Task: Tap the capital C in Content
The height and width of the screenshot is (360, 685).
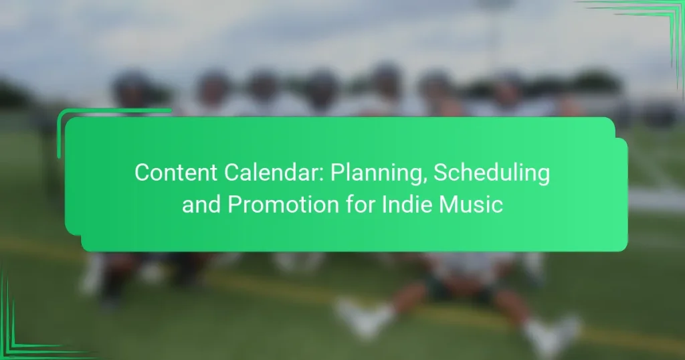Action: coord(142,173)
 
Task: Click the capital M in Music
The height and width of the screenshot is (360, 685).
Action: coord(459,204)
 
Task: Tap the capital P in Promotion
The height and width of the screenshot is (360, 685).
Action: coord(234,204)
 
